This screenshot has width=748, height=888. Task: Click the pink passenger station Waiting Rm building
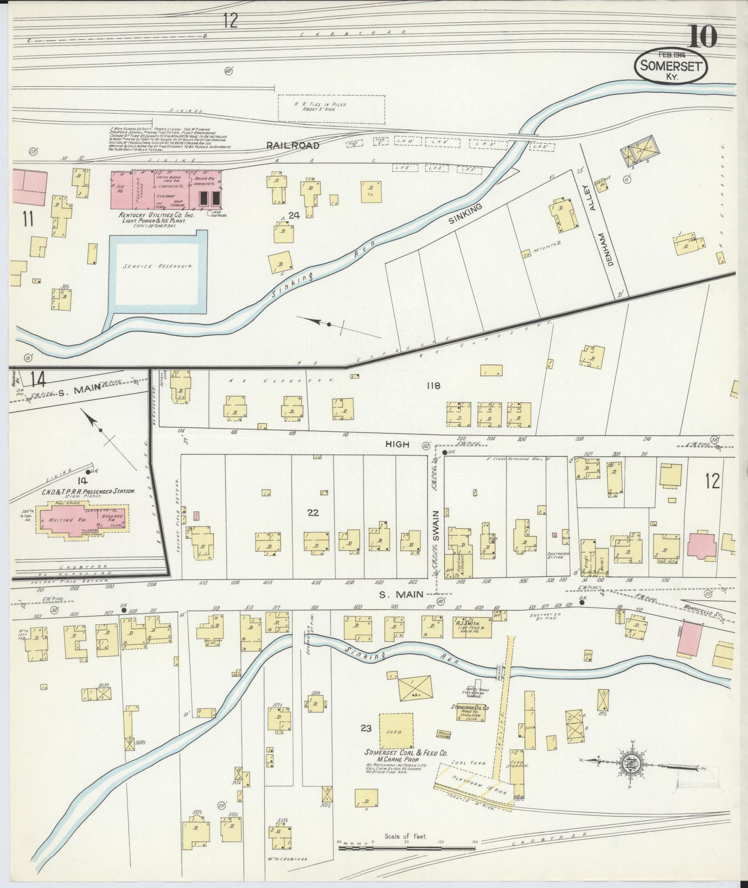[82, 521]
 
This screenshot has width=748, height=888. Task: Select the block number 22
[313, 512]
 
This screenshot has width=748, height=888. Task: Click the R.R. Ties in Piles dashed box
[331, 110]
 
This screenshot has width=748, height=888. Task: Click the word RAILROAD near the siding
[293, 146]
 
